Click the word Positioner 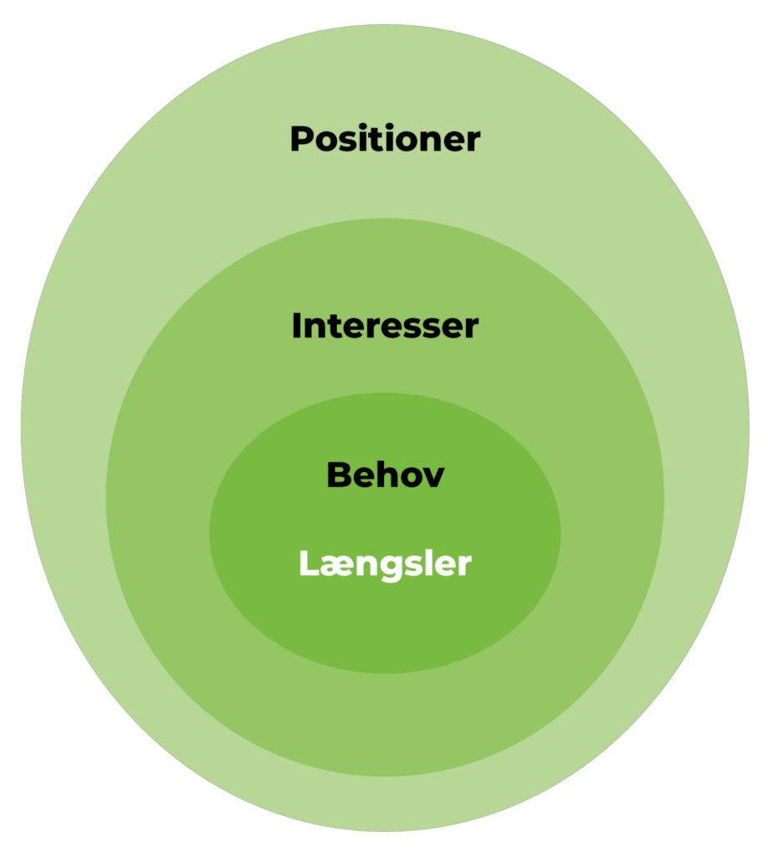385,139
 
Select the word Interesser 385,326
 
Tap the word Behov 385,475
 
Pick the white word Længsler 385,564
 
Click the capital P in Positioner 301,139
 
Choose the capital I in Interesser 296,326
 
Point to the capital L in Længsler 307,564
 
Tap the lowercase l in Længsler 429,563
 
